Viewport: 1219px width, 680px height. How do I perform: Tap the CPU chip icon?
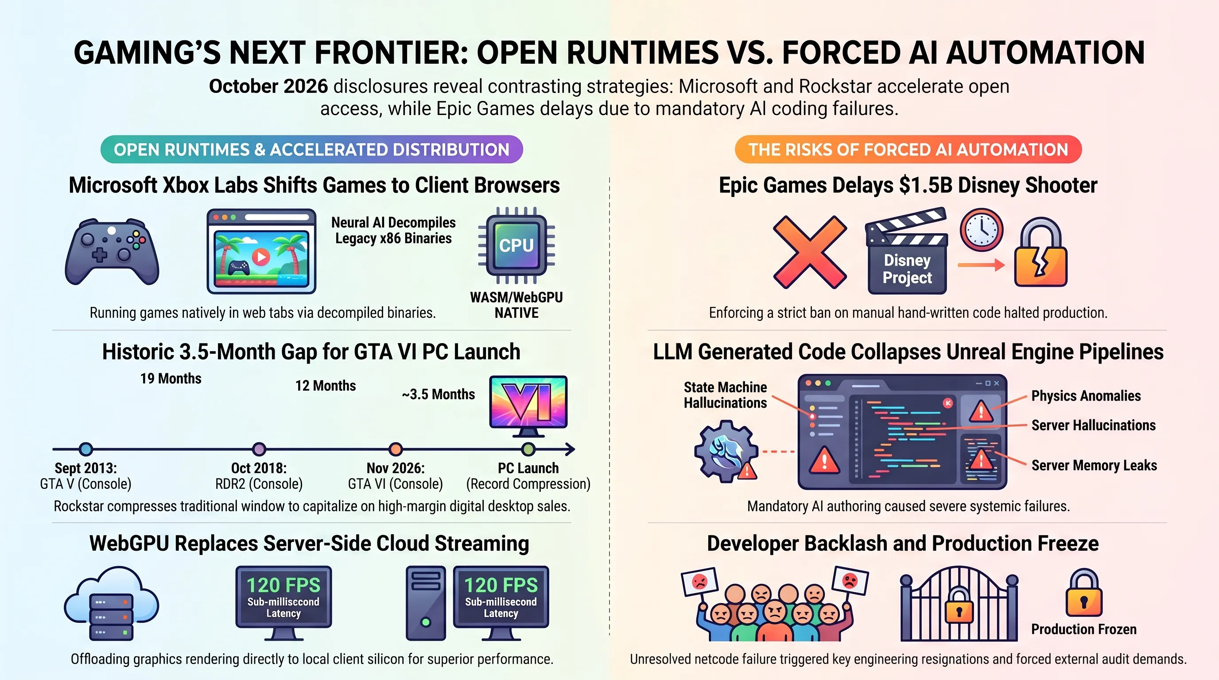pyautogui.click(x=516, y=245)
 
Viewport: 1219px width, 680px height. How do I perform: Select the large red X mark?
pyautogui.click(x=810, y=252)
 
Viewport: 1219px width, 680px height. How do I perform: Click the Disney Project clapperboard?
pyautogui.click(x=907, y=251)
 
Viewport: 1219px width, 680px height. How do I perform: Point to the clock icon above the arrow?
pyautogui.click(x=982, y=230)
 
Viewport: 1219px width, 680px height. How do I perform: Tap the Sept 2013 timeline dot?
pyautogui.click(x=85, y=449)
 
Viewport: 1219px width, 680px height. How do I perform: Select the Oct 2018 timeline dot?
pyautogui.click(x=259, y=449)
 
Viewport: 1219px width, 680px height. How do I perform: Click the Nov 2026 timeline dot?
pyautogui.click(x=396, y=449)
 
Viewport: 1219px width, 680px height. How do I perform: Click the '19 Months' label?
pyautogui.click(x=171, y=379)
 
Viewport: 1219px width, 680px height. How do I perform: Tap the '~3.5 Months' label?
pyautogui.click(x=438, y=394)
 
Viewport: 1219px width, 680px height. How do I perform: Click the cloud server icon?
pyautogui.click(x=112, y=603)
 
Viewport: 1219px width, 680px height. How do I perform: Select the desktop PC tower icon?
pyautogui.click(x=425, y=603)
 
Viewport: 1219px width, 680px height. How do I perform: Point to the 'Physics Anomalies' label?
pyautogui.click(x=1086, y=396)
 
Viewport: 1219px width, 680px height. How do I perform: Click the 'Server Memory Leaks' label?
pyautogui.click(x=1094, y=465)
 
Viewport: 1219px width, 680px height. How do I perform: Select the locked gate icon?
pyautogui.click(x=959, y=604)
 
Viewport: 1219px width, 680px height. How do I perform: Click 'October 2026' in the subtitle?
pyautogui.click(x=268, y=86)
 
